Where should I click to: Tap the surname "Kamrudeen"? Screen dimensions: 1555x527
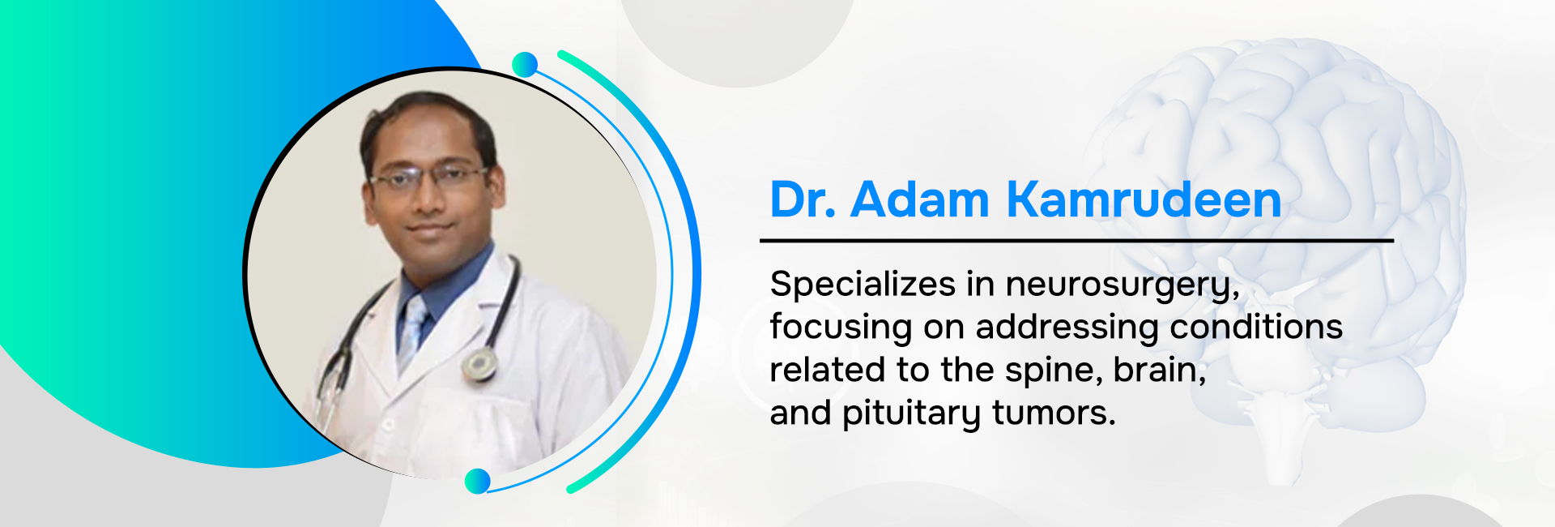(1144, 199)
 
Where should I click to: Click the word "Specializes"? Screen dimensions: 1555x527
(863, 285)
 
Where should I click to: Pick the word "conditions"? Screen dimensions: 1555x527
(1256, 327)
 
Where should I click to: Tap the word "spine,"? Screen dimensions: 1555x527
(1053, 371)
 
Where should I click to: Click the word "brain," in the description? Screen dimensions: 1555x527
(1160, 371)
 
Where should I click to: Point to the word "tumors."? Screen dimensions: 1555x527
(1054, 413)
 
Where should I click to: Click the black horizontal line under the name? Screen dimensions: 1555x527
(1076, 241)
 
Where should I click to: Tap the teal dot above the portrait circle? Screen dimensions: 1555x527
(525, 65)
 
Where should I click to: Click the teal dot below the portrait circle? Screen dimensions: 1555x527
(478, 481)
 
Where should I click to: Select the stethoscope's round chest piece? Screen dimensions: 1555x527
(479, 364)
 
